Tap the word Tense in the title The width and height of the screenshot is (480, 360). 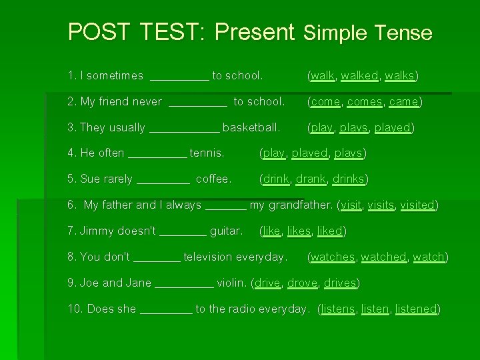pos(403,33)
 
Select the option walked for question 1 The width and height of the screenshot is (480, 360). pos(359,75)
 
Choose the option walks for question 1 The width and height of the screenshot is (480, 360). pos(400,75)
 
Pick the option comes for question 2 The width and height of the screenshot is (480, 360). pos(365,101)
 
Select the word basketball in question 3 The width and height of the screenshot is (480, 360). pos(251,127)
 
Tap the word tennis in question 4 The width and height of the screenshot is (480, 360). pos(207,153)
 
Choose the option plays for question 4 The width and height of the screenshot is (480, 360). pos(348,153)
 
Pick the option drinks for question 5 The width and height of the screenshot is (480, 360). pos(349,179)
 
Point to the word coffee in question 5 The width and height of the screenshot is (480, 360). pos(213,179)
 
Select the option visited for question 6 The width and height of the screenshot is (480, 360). pos(417,205)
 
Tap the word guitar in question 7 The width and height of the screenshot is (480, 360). pos(226,231)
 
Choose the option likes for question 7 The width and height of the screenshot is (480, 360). pos(299,231)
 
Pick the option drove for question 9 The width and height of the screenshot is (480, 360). pos(303,283)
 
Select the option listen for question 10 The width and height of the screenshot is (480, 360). pos(375,309)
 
